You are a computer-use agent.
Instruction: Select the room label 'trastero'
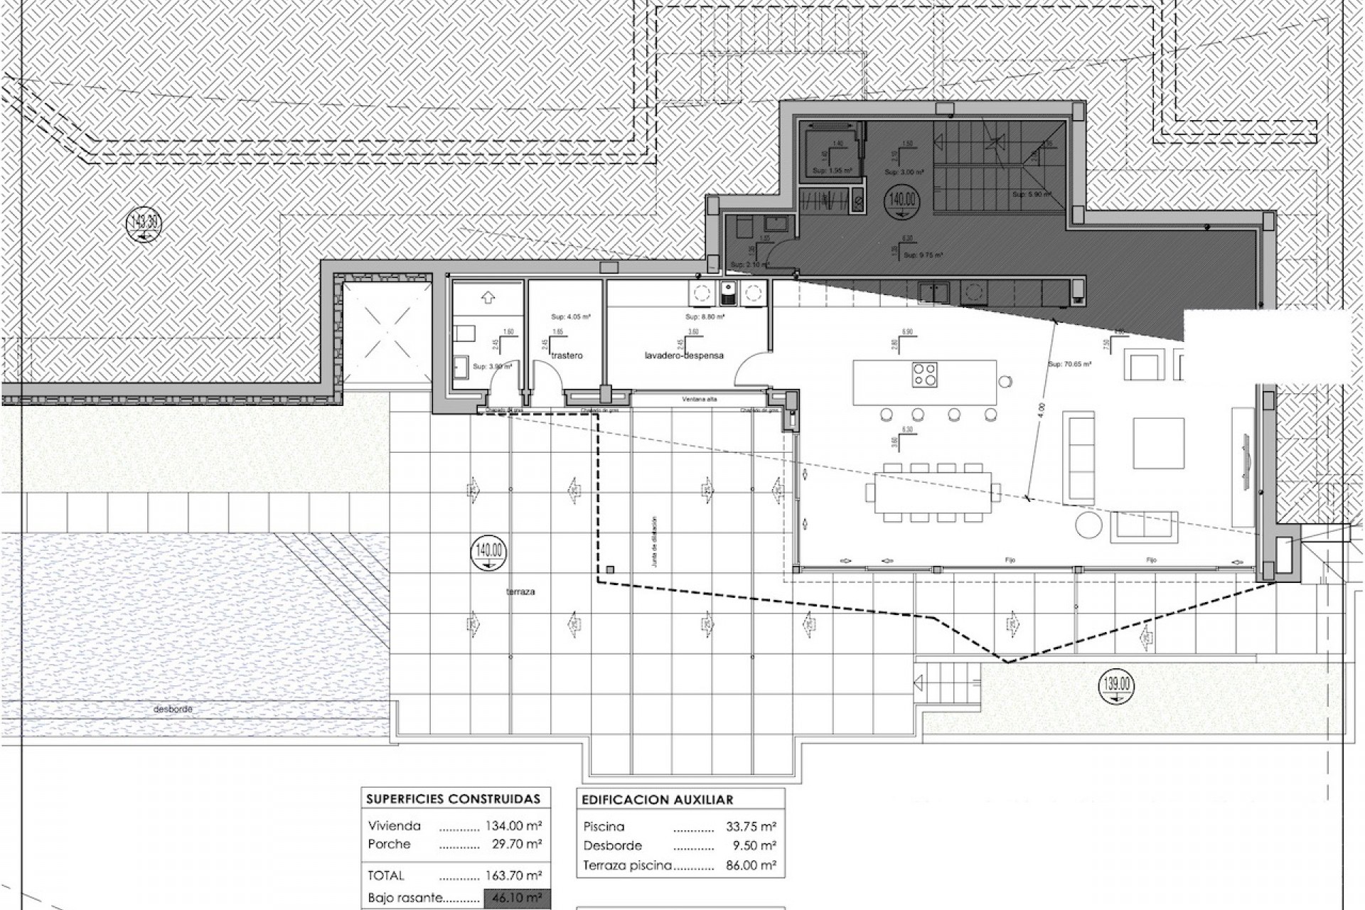(x=567, y=355)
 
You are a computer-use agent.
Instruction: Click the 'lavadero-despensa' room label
(x=684, y=355)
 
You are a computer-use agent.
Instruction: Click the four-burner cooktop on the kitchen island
(x=925, y=374)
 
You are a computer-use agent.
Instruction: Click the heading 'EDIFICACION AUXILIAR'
(x=657, y=800)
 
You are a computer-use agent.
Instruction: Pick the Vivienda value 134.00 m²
(x=514, y=826)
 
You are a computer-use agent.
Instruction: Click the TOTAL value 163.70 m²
(x=514, y=876)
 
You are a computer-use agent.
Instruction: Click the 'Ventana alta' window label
(x=700, y=400)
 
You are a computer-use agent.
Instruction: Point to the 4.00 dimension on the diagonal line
(x=1040, y=410)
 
